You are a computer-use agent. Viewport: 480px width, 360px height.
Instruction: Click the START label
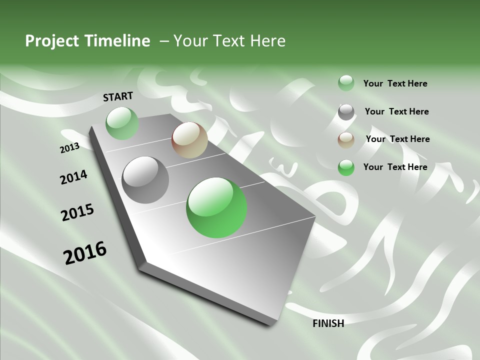coord(118,96)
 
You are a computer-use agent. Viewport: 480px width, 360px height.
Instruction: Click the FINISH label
coord(328,323)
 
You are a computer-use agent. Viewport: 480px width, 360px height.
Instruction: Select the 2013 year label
coord(69,147)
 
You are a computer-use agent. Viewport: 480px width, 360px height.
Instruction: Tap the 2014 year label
coord(73,177)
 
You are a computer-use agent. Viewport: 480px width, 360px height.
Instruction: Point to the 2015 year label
coord(77,212)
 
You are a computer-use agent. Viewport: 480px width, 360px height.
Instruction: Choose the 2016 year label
coord(85,252)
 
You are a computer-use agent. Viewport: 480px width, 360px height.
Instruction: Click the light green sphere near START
coord(122,123)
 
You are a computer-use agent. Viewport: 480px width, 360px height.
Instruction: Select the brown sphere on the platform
coord(189,140)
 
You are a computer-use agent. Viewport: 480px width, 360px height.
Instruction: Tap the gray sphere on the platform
coord(145,180)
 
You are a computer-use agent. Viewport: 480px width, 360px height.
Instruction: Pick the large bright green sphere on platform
coord(216,207)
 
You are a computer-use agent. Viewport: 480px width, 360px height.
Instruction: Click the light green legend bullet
coord(346,83)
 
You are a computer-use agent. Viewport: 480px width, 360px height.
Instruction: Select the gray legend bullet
coord(346,112)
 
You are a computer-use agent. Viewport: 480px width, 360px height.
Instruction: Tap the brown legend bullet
coord(346,140)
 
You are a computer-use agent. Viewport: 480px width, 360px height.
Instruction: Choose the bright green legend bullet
coord(346,167)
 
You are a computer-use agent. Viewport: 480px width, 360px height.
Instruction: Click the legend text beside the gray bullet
coord(396,111)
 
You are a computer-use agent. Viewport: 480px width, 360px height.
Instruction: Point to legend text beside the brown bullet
coord(397,139)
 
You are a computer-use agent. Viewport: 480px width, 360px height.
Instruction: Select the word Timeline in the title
coord(118,41)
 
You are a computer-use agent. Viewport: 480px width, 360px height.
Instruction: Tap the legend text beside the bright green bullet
coord(395,167)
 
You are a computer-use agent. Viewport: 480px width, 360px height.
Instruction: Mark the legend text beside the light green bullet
coord(395,83)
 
